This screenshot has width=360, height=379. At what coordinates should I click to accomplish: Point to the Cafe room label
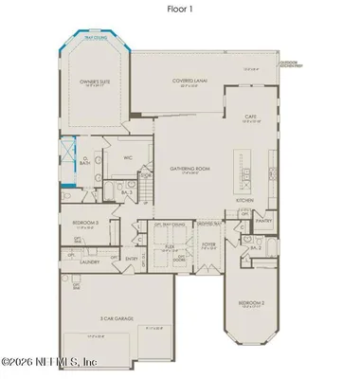pyautogui.click(x=251, y=117)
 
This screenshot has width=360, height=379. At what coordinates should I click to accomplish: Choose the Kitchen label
pyautogui.click(x=243, y=201)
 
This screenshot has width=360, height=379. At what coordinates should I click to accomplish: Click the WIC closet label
pyautogui.click(x=126, y=158)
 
